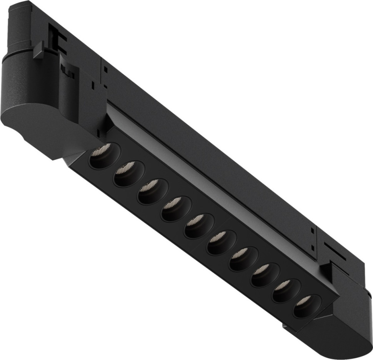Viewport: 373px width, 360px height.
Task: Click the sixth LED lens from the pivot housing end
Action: (221, 242)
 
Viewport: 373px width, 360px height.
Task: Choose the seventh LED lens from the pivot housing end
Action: (243, 259)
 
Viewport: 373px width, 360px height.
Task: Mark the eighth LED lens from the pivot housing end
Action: (264, 275)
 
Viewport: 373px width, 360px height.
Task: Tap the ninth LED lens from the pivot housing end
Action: (285, 290)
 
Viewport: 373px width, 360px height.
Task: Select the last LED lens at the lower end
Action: (306, 306)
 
